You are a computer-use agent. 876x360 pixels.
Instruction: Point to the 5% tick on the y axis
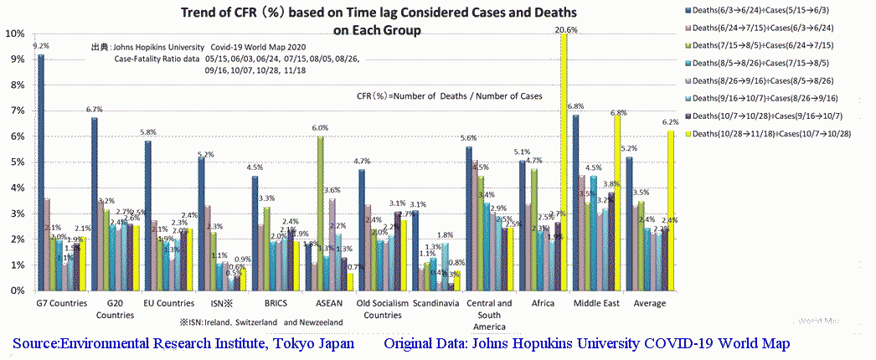click(x=15, y=162)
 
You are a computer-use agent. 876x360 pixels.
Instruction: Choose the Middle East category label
click(x=596, y=303)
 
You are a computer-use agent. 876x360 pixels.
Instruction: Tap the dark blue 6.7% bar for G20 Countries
click(x=95, y=204)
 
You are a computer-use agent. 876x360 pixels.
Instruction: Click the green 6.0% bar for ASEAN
click(x=321, y=213)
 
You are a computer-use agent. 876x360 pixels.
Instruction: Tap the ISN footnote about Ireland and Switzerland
click(x=260, y=321)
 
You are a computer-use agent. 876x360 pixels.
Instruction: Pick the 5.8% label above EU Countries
click(x=147, y=132)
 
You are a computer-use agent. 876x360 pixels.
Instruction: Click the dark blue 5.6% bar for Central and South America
click(x=469, y=219)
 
